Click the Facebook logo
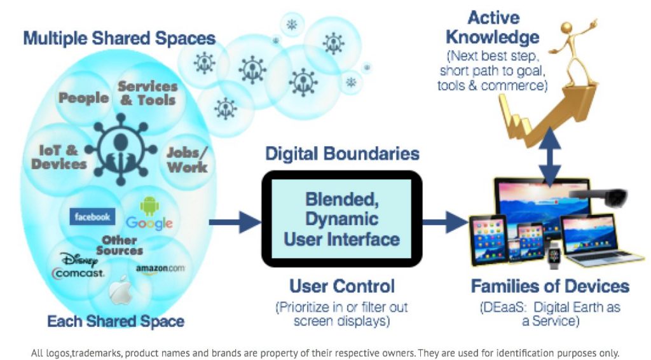coord(92,217)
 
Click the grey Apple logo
coord(120,291)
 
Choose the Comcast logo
coord(78,273)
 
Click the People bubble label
coord(83,98)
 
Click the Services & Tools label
coord(147,93)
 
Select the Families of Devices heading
coord(550,286)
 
